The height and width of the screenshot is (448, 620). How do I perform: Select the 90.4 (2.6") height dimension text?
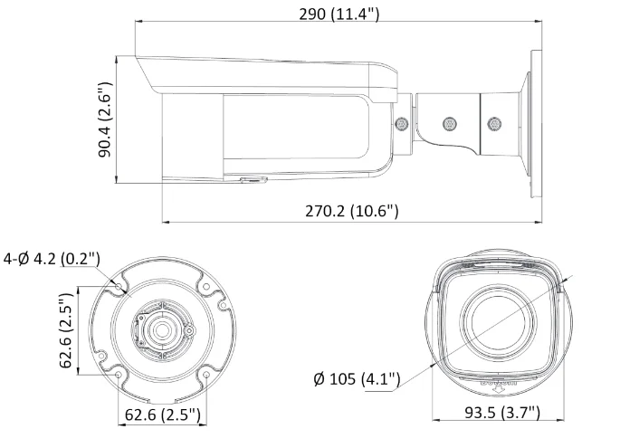point(105,121)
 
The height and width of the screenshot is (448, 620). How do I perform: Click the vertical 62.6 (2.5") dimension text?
point(65,330)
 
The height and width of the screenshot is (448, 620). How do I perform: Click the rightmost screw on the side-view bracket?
point(494,121)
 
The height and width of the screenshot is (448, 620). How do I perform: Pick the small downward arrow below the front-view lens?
point(496,392)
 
